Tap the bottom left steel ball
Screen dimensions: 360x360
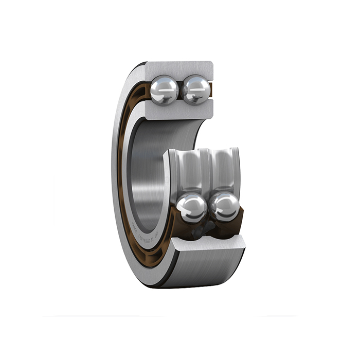[191, 208]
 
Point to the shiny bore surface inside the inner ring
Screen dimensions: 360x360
[149, 170]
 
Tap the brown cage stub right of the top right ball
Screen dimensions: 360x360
[211, 90]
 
